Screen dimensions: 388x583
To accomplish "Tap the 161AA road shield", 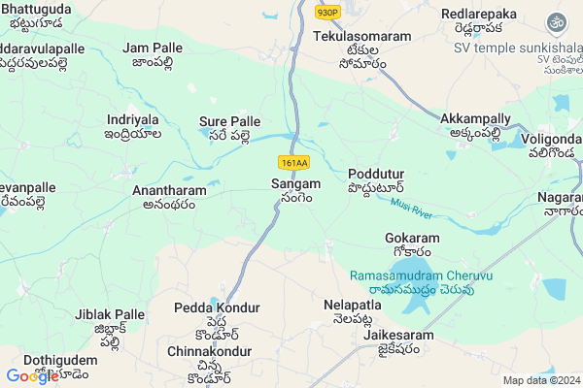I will click(x=295, y=163).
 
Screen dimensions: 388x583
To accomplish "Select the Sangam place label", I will click(x=296, y=183).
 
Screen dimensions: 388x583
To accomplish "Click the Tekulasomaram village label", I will click(x=362, y=36).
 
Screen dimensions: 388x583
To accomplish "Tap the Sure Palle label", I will click(x=230, y=121).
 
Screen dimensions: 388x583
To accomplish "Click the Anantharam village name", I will click(x=169, y=191).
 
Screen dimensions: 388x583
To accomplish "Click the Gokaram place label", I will click(x=412, y=238).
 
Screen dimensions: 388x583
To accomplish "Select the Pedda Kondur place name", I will click(x=217, y=307).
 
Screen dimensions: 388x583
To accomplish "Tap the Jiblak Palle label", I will click(x=109, y=314).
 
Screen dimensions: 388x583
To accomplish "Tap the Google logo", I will click(x=32, y=376).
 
